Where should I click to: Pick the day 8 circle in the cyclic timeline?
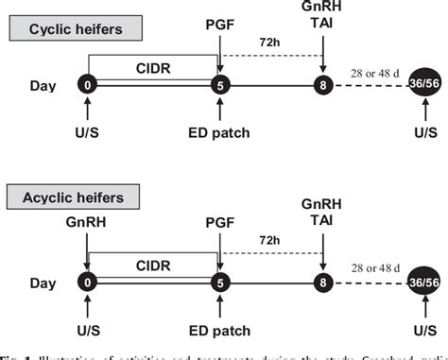pyautogui.click(x=323, y=85)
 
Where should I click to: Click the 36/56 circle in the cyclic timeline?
pyautogui.click(x=422, y=86)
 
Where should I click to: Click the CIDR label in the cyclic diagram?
pyautogui.click(x=151, y=67)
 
